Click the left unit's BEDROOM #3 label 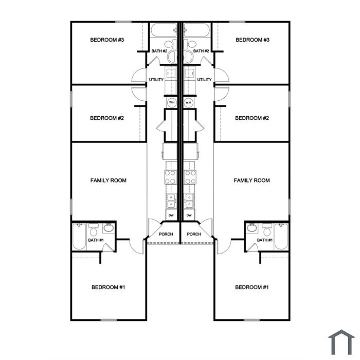(x=107, y=40)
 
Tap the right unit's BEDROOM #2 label (x=252, y=118)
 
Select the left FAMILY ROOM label (x=109, y=181)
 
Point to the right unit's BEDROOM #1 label (x=252, y=287)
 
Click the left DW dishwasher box (x=171, y=215)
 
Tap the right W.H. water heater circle (x=189, y=102)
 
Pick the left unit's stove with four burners (x=171, y=177)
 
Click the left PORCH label (x=166, y=234)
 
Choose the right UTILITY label (x=204, y=80)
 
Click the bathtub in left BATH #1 (x=79, y=237)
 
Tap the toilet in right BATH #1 (x=267, y=230)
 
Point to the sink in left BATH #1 (x=109, y=228)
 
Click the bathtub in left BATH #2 (x=164, y=30)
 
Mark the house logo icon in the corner (x=341, y=343)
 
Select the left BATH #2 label (x=159, y=51)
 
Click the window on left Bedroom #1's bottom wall (x=109, y=320)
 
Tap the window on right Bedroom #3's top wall (x=237, y=22)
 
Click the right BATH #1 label (x=265, y=240)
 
